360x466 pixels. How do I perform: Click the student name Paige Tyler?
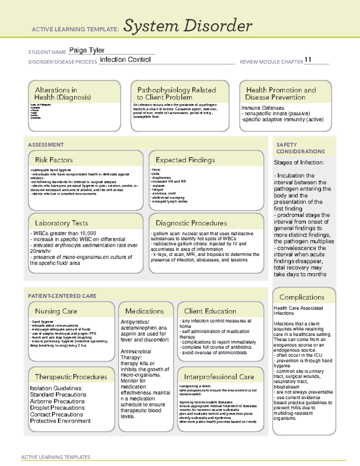click(x=87, y=50)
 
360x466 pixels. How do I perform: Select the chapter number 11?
click(x=308, y=60)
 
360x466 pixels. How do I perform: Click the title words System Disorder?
click(x=188, y=26)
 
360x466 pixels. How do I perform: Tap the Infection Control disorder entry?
click(x=125, y=60)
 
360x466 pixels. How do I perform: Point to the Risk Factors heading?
click(x=54, y=160)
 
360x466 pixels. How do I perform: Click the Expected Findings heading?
click(x=185, y=160)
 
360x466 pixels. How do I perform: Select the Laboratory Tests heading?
click(x=61, y=223)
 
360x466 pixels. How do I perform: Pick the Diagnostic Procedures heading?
click(x=191, y=223)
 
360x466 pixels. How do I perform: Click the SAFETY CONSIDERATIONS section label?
click(x=300, y=148)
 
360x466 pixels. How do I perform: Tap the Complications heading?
click(x=302, y=297)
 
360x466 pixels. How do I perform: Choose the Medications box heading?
click(x=145, y=311)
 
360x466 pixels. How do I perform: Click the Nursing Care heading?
click(x=56, y=311)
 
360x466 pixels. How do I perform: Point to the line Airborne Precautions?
click(x=57, y=401)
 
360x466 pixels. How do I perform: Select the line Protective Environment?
click(x=60, y=421)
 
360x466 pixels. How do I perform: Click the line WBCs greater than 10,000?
click(x=63, y=233)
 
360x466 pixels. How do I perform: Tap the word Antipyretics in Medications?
click(x=135, y=322)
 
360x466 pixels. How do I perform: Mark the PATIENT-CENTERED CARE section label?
click(x=62, y=296)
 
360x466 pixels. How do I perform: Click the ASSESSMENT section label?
click(x=46, y=145)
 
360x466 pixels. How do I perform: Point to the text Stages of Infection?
click(x=299, y=163)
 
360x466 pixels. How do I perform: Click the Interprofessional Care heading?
click(x=219, y=377)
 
